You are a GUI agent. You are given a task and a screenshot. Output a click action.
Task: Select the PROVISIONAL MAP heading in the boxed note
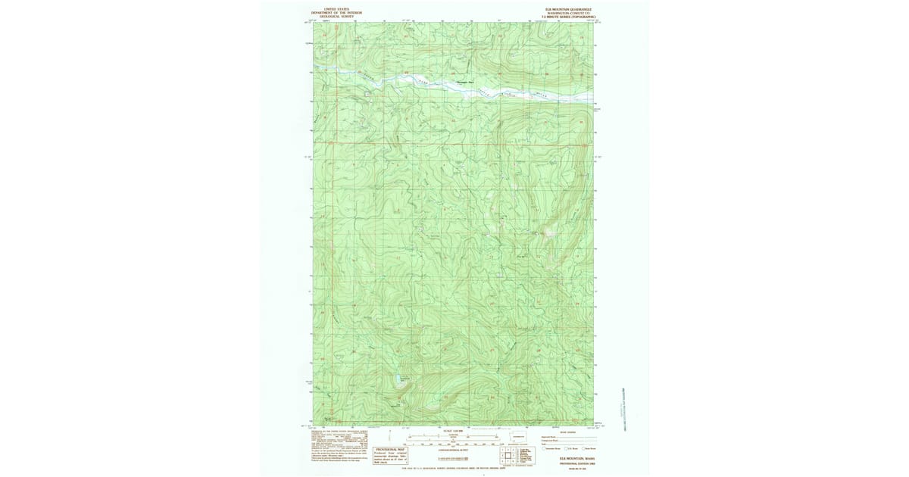coord(391,449)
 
